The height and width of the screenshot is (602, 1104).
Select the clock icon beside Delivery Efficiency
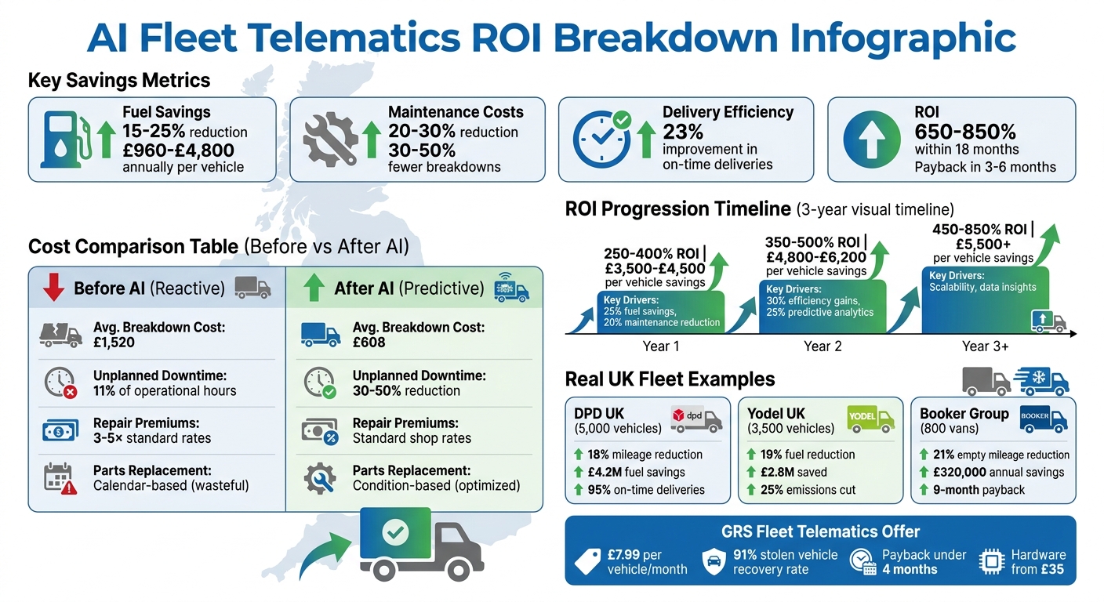(602, 139)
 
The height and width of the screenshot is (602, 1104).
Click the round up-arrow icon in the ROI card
(871, 140)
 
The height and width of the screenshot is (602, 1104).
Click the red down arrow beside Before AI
(53, 288)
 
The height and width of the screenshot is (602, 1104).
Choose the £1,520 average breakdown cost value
(114, 343)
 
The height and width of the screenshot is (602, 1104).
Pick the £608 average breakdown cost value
(369, 343)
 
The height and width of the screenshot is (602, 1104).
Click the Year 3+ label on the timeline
(985, 346)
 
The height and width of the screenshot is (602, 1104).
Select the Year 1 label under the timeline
(661, 346)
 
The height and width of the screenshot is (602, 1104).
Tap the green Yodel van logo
(871, 419)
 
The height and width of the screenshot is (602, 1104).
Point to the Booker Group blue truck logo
(1044, 419)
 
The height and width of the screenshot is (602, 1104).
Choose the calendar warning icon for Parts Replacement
(60, 478)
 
